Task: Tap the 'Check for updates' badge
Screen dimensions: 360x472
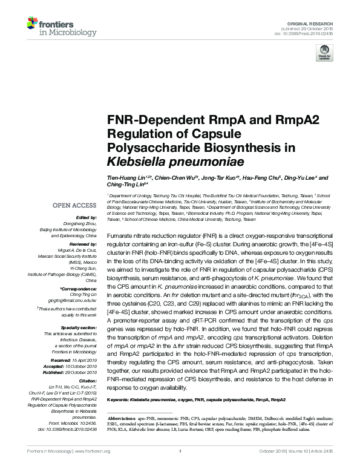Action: coord(324,54)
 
